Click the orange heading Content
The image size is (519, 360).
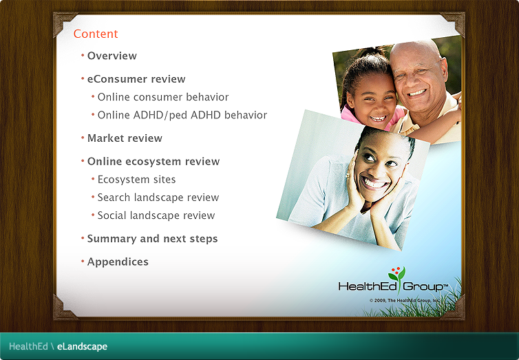[x=96, y=34]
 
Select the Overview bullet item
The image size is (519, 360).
[x=112, y=56]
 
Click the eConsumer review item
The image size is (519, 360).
[x=136, y=79]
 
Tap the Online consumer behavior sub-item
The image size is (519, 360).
[x=162, y=97]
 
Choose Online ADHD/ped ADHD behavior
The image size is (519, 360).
[x=182, y=115]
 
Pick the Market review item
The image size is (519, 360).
[x=125, y=138]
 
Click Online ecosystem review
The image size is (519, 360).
[x=153, y=162]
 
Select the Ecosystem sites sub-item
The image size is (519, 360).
[x=136, y=180]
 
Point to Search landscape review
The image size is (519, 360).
[x=158, y=198]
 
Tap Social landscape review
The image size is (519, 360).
[x=156, y=215]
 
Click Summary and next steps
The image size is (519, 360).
[x=152, y=239]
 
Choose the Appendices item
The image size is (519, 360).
[x=118, y=262]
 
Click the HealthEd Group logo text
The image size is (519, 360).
[x=393, y=286]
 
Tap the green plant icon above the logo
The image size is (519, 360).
[x=396, y=273]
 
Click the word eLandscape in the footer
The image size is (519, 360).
[x=82, y=347]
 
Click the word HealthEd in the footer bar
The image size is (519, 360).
[x=28, y=347]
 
